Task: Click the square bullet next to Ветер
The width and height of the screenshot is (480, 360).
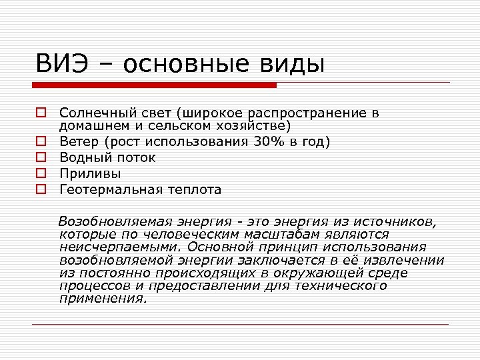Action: (x=41, y=141)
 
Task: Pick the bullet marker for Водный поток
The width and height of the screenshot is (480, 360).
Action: (x=41, y=157)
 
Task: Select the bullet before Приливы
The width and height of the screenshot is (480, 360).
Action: (x=41, y=173)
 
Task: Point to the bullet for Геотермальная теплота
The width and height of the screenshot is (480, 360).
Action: (x=41, y=190)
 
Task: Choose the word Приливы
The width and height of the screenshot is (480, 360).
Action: (x=90, y=173)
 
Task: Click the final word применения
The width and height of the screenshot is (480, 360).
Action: (x=102, y=299)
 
